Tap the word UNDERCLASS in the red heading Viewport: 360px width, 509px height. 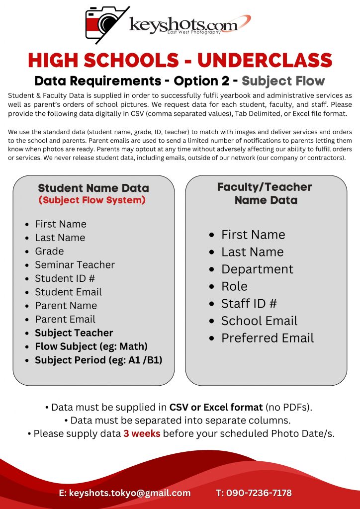pos(265,60)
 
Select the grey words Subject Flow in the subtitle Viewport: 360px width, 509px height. pos(283,81)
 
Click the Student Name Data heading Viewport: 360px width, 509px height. pos(93,188)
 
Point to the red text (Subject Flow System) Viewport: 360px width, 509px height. pos(92,200)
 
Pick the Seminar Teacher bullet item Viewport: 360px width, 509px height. pos(75,265)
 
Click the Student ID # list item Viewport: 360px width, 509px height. pos(65,278)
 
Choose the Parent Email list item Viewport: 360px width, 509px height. pos(65,319)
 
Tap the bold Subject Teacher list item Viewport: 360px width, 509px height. pos(74,333)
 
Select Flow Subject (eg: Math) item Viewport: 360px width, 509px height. pos(91,346)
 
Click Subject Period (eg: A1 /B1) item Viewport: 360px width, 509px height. pos(98,360)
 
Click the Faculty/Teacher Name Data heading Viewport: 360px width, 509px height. pos(265,193)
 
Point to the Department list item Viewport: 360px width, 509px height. pos(257,269)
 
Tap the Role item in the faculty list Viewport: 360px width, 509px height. pos(234,286)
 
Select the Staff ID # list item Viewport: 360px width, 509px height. pos(249,303)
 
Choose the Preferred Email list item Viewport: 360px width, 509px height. pos(268,338)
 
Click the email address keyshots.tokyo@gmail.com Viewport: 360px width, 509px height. pos(124,493)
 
